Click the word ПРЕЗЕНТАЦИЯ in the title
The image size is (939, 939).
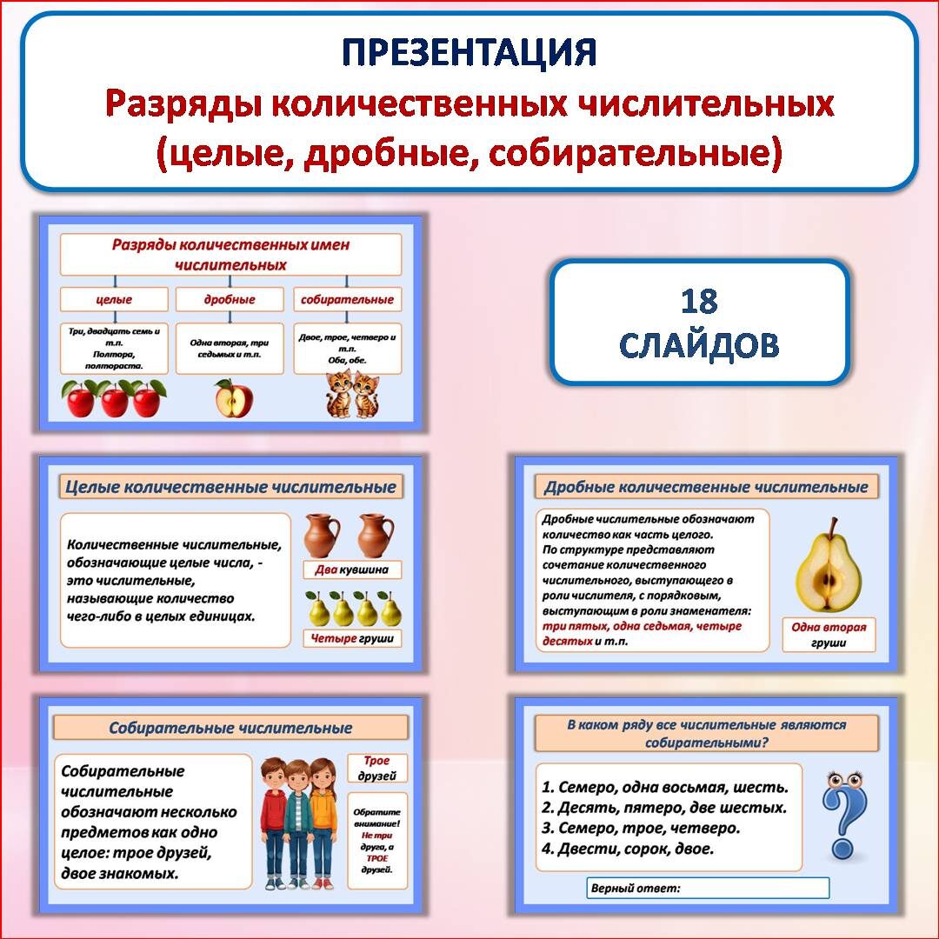[469, 52]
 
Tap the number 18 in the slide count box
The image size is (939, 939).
[699, 301]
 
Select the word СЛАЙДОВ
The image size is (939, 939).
[699, 345]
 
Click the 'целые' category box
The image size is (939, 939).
[114, 300]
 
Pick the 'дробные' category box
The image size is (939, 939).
[230, 300]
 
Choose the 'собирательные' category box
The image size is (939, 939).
[347, 300]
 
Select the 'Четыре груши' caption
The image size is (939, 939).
[352, 639]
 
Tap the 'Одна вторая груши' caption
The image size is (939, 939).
[829, 635]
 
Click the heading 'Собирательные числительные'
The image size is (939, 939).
[230, 728]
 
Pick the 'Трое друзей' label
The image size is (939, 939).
[377, 768]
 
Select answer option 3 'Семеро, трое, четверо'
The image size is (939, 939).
[641, 828]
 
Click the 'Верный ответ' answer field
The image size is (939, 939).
[708, 889]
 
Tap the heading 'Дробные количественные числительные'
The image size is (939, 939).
[706, 487]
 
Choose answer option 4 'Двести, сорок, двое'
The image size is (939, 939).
[627, 849]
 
